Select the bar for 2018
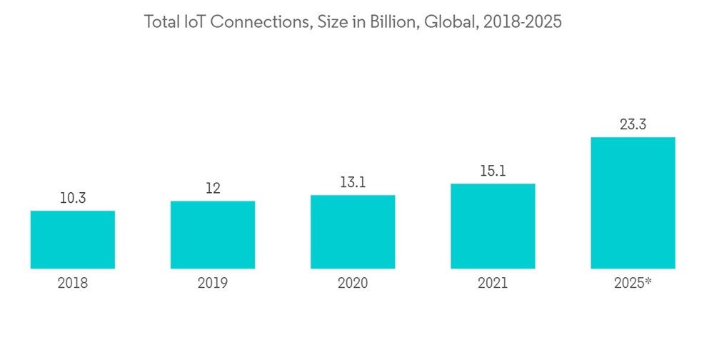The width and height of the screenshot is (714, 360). click(x=73, y=240)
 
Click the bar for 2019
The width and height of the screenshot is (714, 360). click(x=213, y=235)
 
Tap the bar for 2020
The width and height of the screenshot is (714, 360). click(x=353, y=232)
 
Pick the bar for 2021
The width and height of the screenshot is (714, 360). click(x=493, y=226)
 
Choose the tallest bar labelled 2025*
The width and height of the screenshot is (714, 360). click(x=633, y=203)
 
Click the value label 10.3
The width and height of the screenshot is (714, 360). click(x=73, y=199)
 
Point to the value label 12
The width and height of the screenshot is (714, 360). click(x=213, y=189)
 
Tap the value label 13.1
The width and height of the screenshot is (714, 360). click(x=353, y=183)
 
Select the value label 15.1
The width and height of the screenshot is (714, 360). click(x=493, y=171)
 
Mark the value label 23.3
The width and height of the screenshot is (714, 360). click(x=633, y=125)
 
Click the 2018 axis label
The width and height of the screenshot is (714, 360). click(x=73, y=284)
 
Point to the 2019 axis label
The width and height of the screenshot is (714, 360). click(x=213, y=284)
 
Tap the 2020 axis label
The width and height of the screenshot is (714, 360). click(x=353, y=284)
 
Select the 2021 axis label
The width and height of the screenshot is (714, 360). click(x=493, y=284)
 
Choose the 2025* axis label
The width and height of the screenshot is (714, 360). click(x=633, y=284)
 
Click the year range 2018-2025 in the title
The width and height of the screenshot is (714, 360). click(x=523, y=22)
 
